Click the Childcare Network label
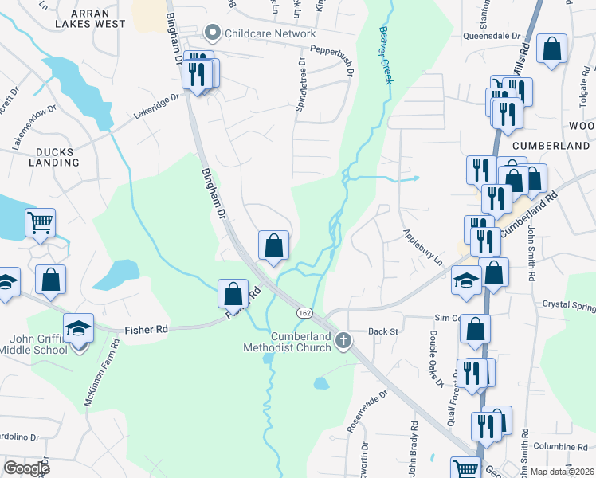[x=270, y=33]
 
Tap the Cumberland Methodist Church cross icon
[x=343, y=341]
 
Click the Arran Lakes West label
[x=97, y=19]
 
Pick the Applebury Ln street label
[x=422, y=247]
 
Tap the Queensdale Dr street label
[x=492, y=37]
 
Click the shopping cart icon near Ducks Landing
[x=40, y=223]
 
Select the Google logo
[x=26, y=468]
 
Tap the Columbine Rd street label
[x=560, y=446]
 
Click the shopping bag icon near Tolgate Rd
[x=551, y=49]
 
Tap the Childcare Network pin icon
[x=212, y=33]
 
